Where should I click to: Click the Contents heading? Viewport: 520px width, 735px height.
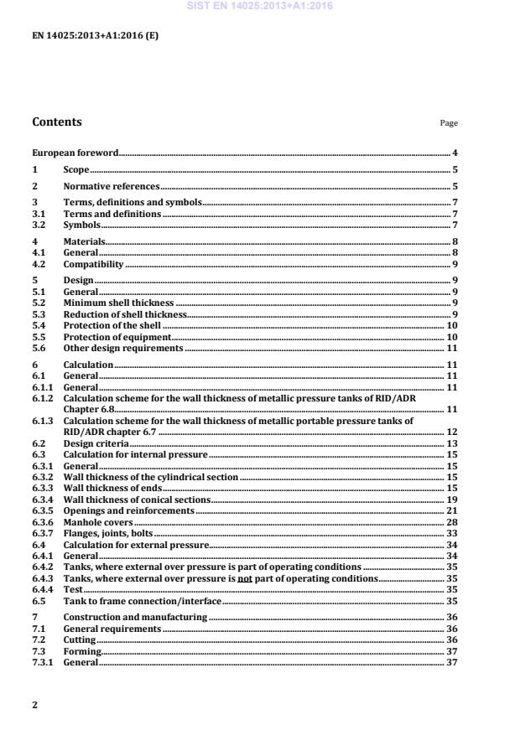[57, 122]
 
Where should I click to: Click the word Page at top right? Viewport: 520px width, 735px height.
[449, 123]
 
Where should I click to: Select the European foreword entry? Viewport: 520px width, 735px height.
[75, 153]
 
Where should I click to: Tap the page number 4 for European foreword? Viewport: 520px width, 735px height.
[455, 153]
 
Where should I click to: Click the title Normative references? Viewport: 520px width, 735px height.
[112, 186]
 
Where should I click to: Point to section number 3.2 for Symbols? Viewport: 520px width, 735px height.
[39, 225]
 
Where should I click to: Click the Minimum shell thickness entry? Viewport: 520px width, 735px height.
[119, 302]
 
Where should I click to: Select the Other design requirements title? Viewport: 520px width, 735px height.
[122, 347]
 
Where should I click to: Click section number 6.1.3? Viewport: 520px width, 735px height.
[43, 421]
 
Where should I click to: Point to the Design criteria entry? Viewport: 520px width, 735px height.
[96, 443]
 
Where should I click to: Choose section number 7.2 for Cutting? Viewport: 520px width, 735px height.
[39, 639]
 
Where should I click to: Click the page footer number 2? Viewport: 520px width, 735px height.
[34, 705]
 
